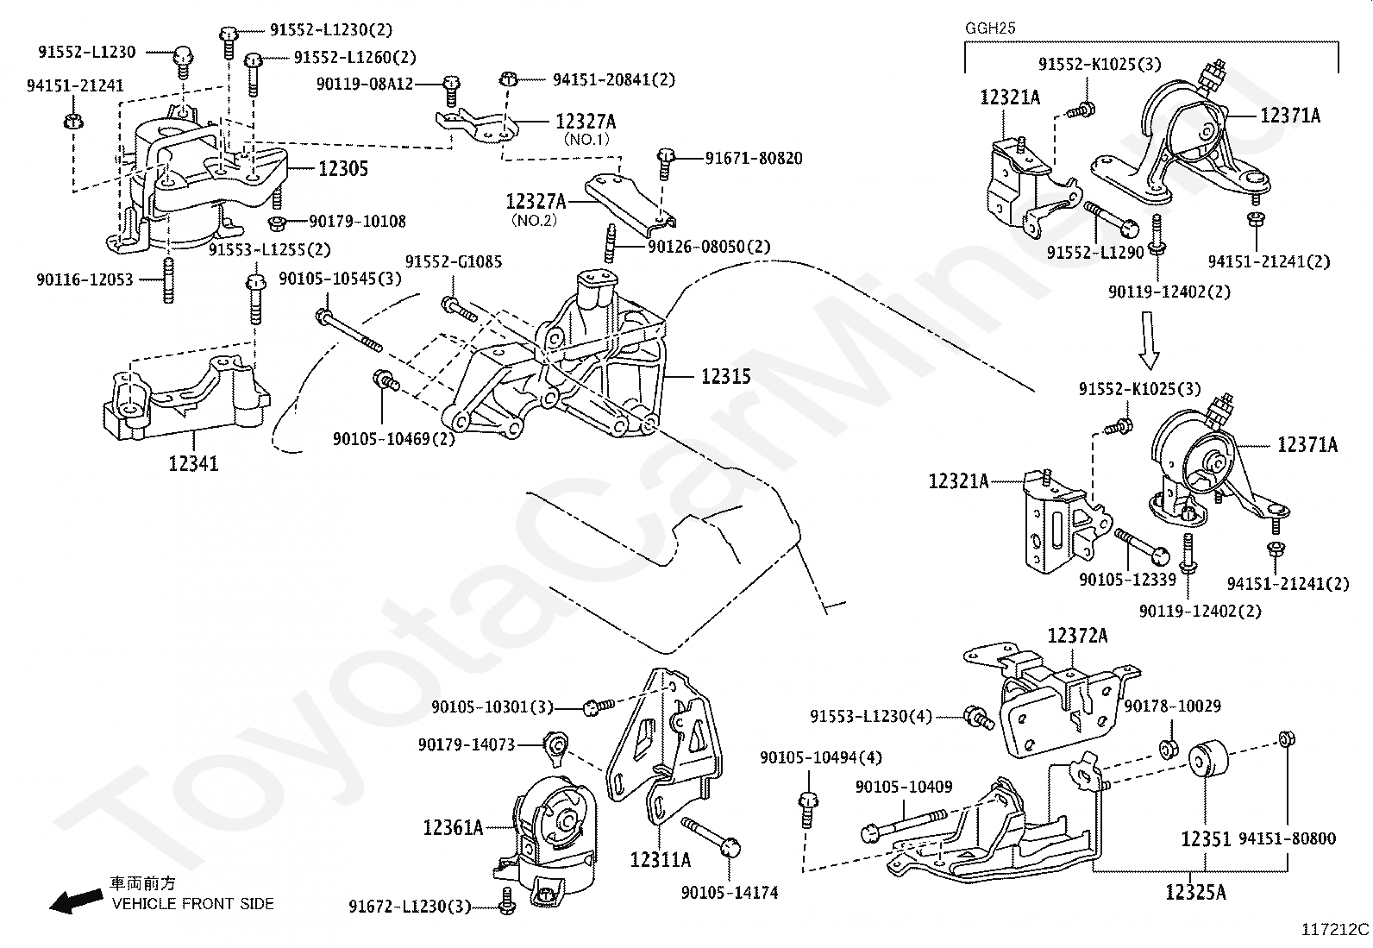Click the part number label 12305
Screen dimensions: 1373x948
[x=343, y=168]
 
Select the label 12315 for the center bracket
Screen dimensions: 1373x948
[x=725, y=376]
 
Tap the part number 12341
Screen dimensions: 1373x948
[x=194, y=463]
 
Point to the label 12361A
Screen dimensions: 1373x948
[x=453, y=828]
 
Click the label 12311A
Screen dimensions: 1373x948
[x=660, y=860]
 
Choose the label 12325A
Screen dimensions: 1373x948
[x=1196, y=892]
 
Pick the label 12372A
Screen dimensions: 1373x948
[x=1077, y=635]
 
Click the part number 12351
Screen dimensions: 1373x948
[x=1206, y=838]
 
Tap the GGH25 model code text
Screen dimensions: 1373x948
[x=991, y=28]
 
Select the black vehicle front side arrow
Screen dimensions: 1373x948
[x=76, y=901]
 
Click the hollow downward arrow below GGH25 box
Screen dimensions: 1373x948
[x=1148, y=341]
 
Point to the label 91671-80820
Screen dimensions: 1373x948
[x=754, y=158]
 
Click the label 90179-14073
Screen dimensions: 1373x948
[x=467, y=744]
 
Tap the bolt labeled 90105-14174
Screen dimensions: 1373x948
[x=711, y=835]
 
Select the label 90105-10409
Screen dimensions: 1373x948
[x=904, y=787]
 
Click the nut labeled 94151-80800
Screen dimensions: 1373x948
[x=1287, y=739]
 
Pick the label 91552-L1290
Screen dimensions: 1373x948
[x=1095, y=252]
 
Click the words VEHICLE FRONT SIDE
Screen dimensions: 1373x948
[x=193, y=903]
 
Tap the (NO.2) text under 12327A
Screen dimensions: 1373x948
[x=535, y=220]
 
